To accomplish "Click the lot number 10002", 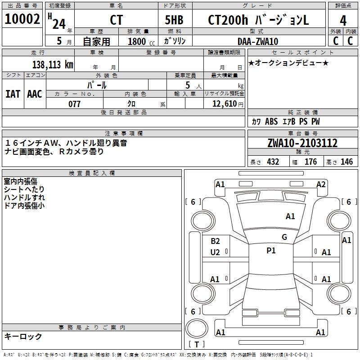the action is tap(22, 19).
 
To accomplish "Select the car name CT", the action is tap(116, 20).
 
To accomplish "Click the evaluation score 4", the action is tap(343, 20).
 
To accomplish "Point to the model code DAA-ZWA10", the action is tap(258, 41).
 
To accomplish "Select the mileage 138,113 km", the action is tap(53, 64).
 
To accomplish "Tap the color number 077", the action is tap(74, 104).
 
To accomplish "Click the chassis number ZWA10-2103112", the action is tap(302, 144).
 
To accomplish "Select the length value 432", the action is tap(273, 162).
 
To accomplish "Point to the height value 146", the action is tap(346, 162).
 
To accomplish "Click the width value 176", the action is tap(310, 162).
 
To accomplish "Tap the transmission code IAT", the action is tap(13, 94).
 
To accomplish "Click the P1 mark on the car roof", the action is tap(271, 251).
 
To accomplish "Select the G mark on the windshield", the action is tap(284, 237).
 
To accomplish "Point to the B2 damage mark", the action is tap(215, 241).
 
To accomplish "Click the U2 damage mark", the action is tap(215, 252).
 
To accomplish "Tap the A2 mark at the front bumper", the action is tap(321, 184).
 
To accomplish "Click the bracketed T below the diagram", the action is tap(197, 345).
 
